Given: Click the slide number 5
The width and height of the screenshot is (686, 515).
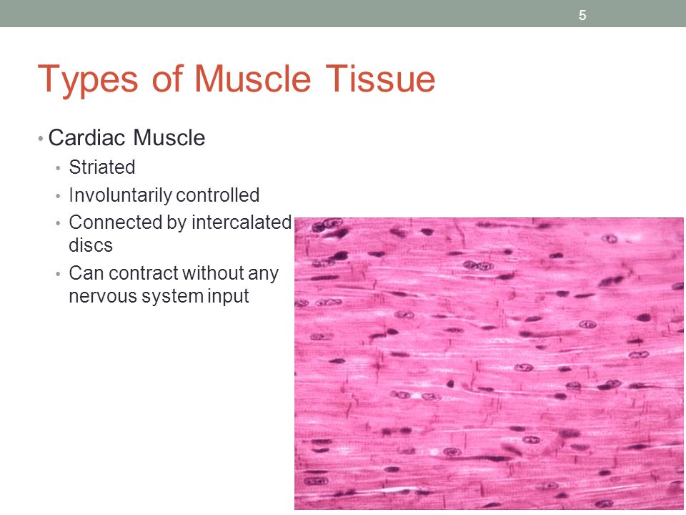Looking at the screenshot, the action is (x=582, y=15).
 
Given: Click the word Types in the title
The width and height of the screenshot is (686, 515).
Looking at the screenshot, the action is (x=88, y=79).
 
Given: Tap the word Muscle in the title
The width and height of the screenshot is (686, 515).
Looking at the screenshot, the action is (x=253, y=79).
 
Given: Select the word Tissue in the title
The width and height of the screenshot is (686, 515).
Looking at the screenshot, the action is (x=380, y=79).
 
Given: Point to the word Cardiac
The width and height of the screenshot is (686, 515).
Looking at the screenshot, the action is (x=86, y=137).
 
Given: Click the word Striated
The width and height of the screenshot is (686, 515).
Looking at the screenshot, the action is (x=102, y=167).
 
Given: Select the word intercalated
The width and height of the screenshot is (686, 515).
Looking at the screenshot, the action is (x=242, y=222).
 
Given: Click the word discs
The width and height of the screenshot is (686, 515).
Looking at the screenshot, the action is (x=91, y=245).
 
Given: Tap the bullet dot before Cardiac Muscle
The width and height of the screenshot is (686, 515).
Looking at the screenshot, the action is (x=41, y=139).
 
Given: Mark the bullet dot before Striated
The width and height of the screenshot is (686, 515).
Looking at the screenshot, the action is (x=58, y=168).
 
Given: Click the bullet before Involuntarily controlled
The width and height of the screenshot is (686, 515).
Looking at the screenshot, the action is (x=58, y=196).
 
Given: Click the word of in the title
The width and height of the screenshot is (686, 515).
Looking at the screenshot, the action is (x=166, y=79).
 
